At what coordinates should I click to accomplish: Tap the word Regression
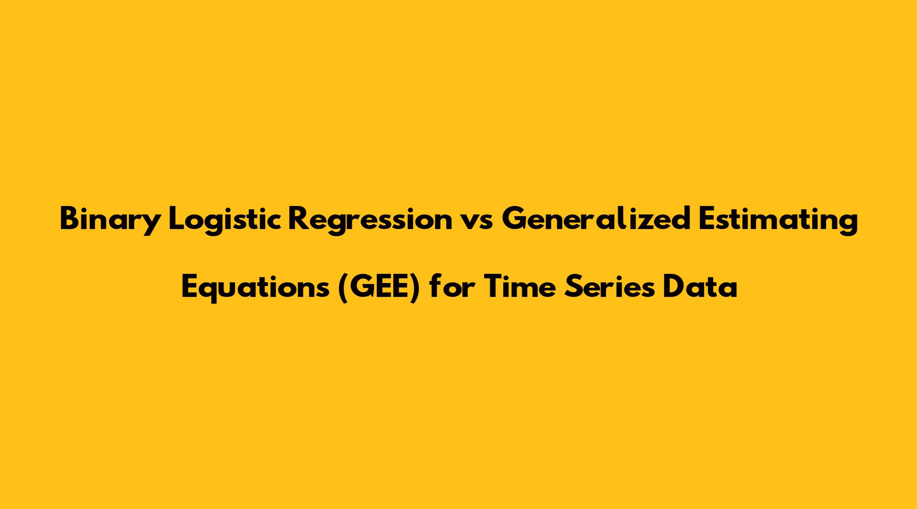coord(369,221)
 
